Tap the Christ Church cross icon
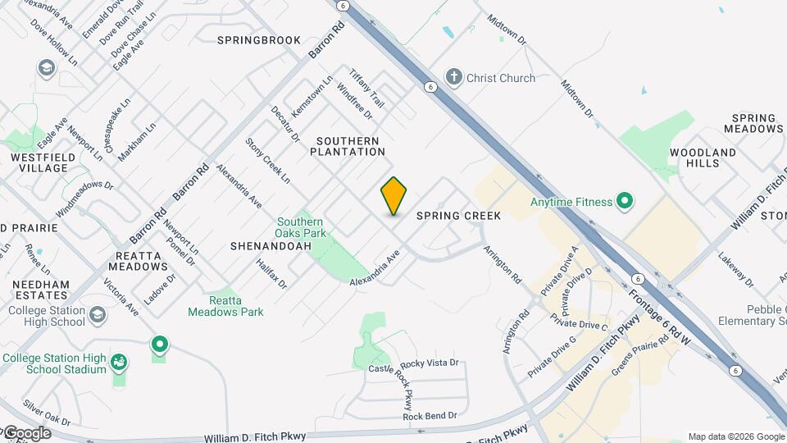pyautogui.click(x=454, y=78)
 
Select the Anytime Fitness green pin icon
pyautogui.click(x=624, y=201)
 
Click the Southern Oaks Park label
pyautogui.click(x=301, y=227)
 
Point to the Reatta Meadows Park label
pyautogui.click(x=225, y=306)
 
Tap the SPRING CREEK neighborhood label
pyautogui.click(x=458, y=216)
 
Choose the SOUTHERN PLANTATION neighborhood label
pyautogui.click(x=348, y=147)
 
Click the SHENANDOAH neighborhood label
pyautogui.click(x=260, y=245)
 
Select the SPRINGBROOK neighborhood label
pyautogui.click(x=259, y=40)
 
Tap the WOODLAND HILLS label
pyautogui.click(x=703, y=158)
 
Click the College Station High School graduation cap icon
pyautogui.click(x=98, y=315)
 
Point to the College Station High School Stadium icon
pyautogui.click(x=120, y=362)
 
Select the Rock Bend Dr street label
pyautogui.click(x=430, y=416)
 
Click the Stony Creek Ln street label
pyautogui.click(x=267, y=160)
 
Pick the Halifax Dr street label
pyautogui.click(x=271, y=274)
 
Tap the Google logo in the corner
pyautogui.click(x=26, y=433)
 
